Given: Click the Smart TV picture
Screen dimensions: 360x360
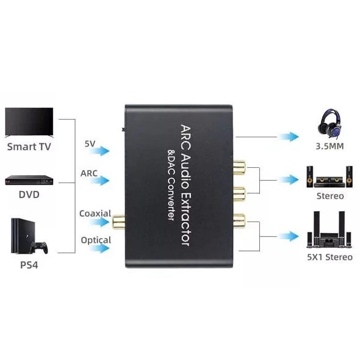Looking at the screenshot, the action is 29,123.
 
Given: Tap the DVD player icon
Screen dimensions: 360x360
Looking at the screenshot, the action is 29,180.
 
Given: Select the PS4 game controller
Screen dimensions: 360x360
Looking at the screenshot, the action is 40,248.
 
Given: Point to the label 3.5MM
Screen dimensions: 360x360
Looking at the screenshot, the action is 329,146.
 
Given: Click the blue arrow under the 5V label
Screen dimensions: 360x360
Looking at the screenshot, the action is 99,151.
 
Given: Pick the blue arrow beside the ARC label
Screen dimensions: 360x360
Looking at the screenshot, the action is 99,181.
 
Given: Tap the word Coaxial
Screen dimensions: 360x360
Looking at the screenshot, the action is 95,214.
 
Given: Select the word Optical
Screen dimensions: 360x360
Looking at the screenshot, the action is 96,240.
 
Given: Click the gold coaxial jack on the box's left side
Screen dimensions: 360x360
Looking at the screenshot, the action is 118,221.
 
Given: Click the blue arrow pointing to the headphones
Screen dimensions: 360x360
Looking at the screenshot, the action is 289,137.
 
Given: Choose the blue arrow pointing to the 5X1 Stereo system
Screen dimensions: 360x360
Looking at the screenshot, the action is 289,236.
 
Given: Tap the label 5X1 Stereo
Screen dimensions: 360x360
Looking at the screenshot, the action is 329,257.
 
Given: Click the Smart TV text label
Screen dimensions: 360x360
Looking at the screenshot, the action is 29,146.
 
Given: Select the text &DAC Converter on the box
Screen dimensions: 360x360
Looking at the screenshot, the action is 171,185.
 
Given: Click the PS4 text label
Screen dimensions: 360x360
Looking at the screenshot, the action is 29,265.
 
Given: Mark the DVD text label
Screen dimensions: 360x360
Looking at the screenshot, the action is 29,195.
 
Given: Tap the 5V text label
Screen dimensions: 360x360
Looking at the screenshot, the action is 90,144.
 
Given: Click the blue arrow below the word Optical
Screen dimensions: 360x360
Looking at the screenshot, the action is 99,248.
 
